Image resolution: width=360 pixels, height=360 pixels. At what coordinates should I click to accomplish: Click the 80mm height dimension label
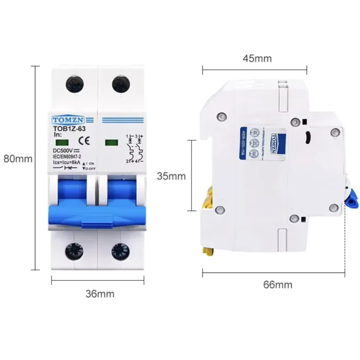[17, 159]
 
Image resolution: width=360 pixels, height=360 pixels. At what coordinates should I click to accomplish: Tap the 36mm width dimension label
[100, 294]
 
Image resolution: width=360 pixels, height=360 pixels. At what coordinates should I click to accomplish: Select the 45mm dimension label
[257, 58]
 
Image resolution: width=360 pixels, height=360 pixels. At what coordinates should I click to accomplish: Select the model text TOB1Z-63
[70, 128]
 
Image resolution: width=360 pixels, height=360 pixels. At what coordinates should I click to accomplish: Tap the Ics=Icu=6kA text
[68, 162]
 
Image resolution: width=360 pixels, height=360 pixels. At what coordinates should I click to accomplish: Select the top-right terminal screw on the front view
[120, 82]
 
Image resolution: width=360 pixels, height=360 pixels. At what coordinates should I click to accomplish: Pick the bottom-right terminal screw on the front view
[120, 251]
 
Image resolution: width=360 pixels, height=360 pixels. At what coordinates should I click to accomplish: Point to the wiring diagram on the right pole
[133, 149]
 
